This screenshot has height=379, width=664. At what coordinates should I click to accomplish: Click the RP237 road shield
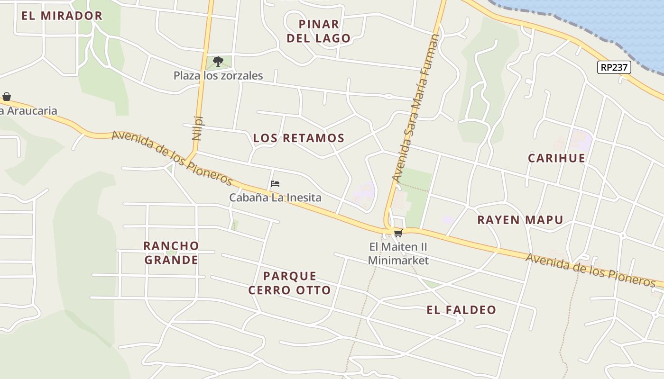click(x=614, y=67)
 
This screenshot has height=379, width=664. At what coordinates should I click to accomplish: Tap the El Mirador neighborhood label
click(x=62, y=16)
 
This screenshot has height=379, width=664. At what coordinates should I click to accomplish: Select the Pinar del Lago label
click(x=319, y=31)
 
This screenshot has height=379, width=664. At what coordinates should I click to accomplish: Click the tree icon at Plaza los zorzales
click(x=218, y=61)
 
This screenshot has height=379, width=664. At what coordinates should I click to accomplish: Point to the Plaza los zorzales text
click(x=218, y=75)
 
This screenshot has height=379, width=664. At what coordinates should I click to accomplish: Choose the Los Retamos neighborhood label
click(x=298, y=138)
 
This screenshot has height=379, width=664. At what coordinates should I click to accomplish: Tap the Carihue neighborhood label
click(x=556, y=158)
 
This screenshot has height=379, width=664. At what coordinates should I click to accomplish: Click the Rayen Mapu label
click(x=520, y=220)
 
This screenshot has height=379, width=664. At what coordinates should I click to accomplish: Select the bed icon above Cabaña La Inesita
click(x=275, y=184)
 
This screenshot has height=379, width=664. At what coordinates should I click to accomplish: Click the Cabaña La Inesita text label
click(x=275, y=198)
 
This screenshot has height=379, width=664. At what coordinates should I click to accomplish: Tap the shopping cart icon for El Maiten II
click(x=398, y=233)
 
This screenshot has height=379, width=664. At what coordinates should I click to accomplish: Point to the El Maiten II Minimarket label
click(x=398, y=253)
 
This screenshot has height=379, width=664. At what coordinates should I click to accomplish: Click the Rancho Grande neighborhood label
click(x=171, y=253)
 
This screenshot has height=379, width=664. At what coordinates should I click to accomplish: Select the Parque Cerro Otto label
click(x=289, y=283)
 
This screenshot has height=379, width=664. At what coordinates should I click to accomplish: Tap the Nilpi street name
click(x=198, y=128)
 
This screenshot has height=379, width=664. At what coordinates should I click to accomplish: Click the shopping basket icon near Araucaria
click(x=7, y=97)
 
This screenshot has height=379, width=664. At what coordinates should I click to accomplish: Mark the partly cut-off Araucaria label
click(x=28, y=111)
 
